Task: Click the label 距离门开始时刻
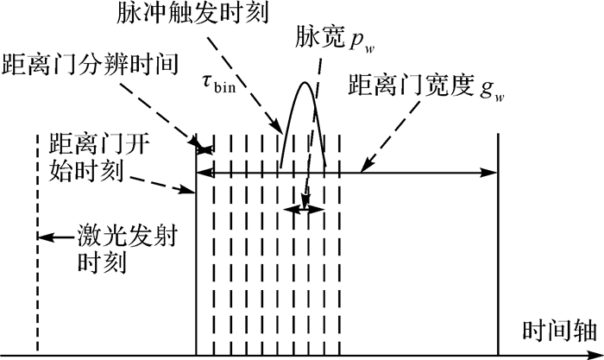point(95,155)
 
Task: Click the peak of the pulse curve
point(304,83)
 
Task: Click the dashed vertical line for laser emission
point(37,242)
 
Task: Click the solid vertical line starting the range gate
point(196,250)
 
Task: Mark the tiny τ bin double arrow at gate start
point(204,149)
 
